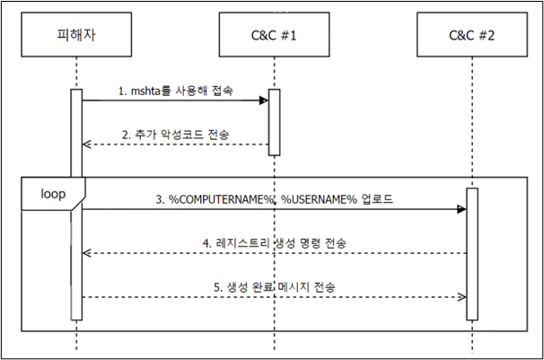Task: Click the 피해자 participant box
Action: click(x=76, y=34)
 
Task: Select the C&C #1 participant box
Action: click(x=274, y=34)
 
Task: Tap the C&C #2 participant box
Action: click(x=472, y=34)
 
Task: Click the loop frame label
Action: click(x=53, y=194)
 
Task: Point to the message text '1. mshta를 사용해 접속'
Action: click(x=176, y=91)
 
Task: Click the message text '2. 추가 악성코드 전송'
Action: click(x=176, y=135)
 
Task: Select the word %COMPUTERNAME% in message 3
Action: click(x=222, y=199)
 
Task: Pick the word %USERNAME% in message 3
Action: click(x=319, y=199)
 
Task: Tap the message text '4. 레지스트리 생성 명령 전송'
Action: click(x=275, y=243)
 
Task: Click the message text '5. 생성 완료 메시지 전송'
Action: click(x=275, y=287)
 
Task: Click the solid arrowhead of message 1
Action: click(x=264, y=101)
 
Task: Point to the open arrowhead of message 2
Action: click(x=87, y=145)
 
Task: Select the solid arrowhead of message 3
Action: click(x=461, y=209)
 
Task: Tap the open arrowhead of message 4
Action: click(x=87, y=253)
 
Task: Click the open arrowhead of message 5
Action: click(x=461, y=297)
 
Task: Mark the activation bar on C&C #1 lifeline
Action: click(x=274, y=122)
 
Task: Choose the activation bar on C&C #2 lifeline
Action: click(x=472, y=254)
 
